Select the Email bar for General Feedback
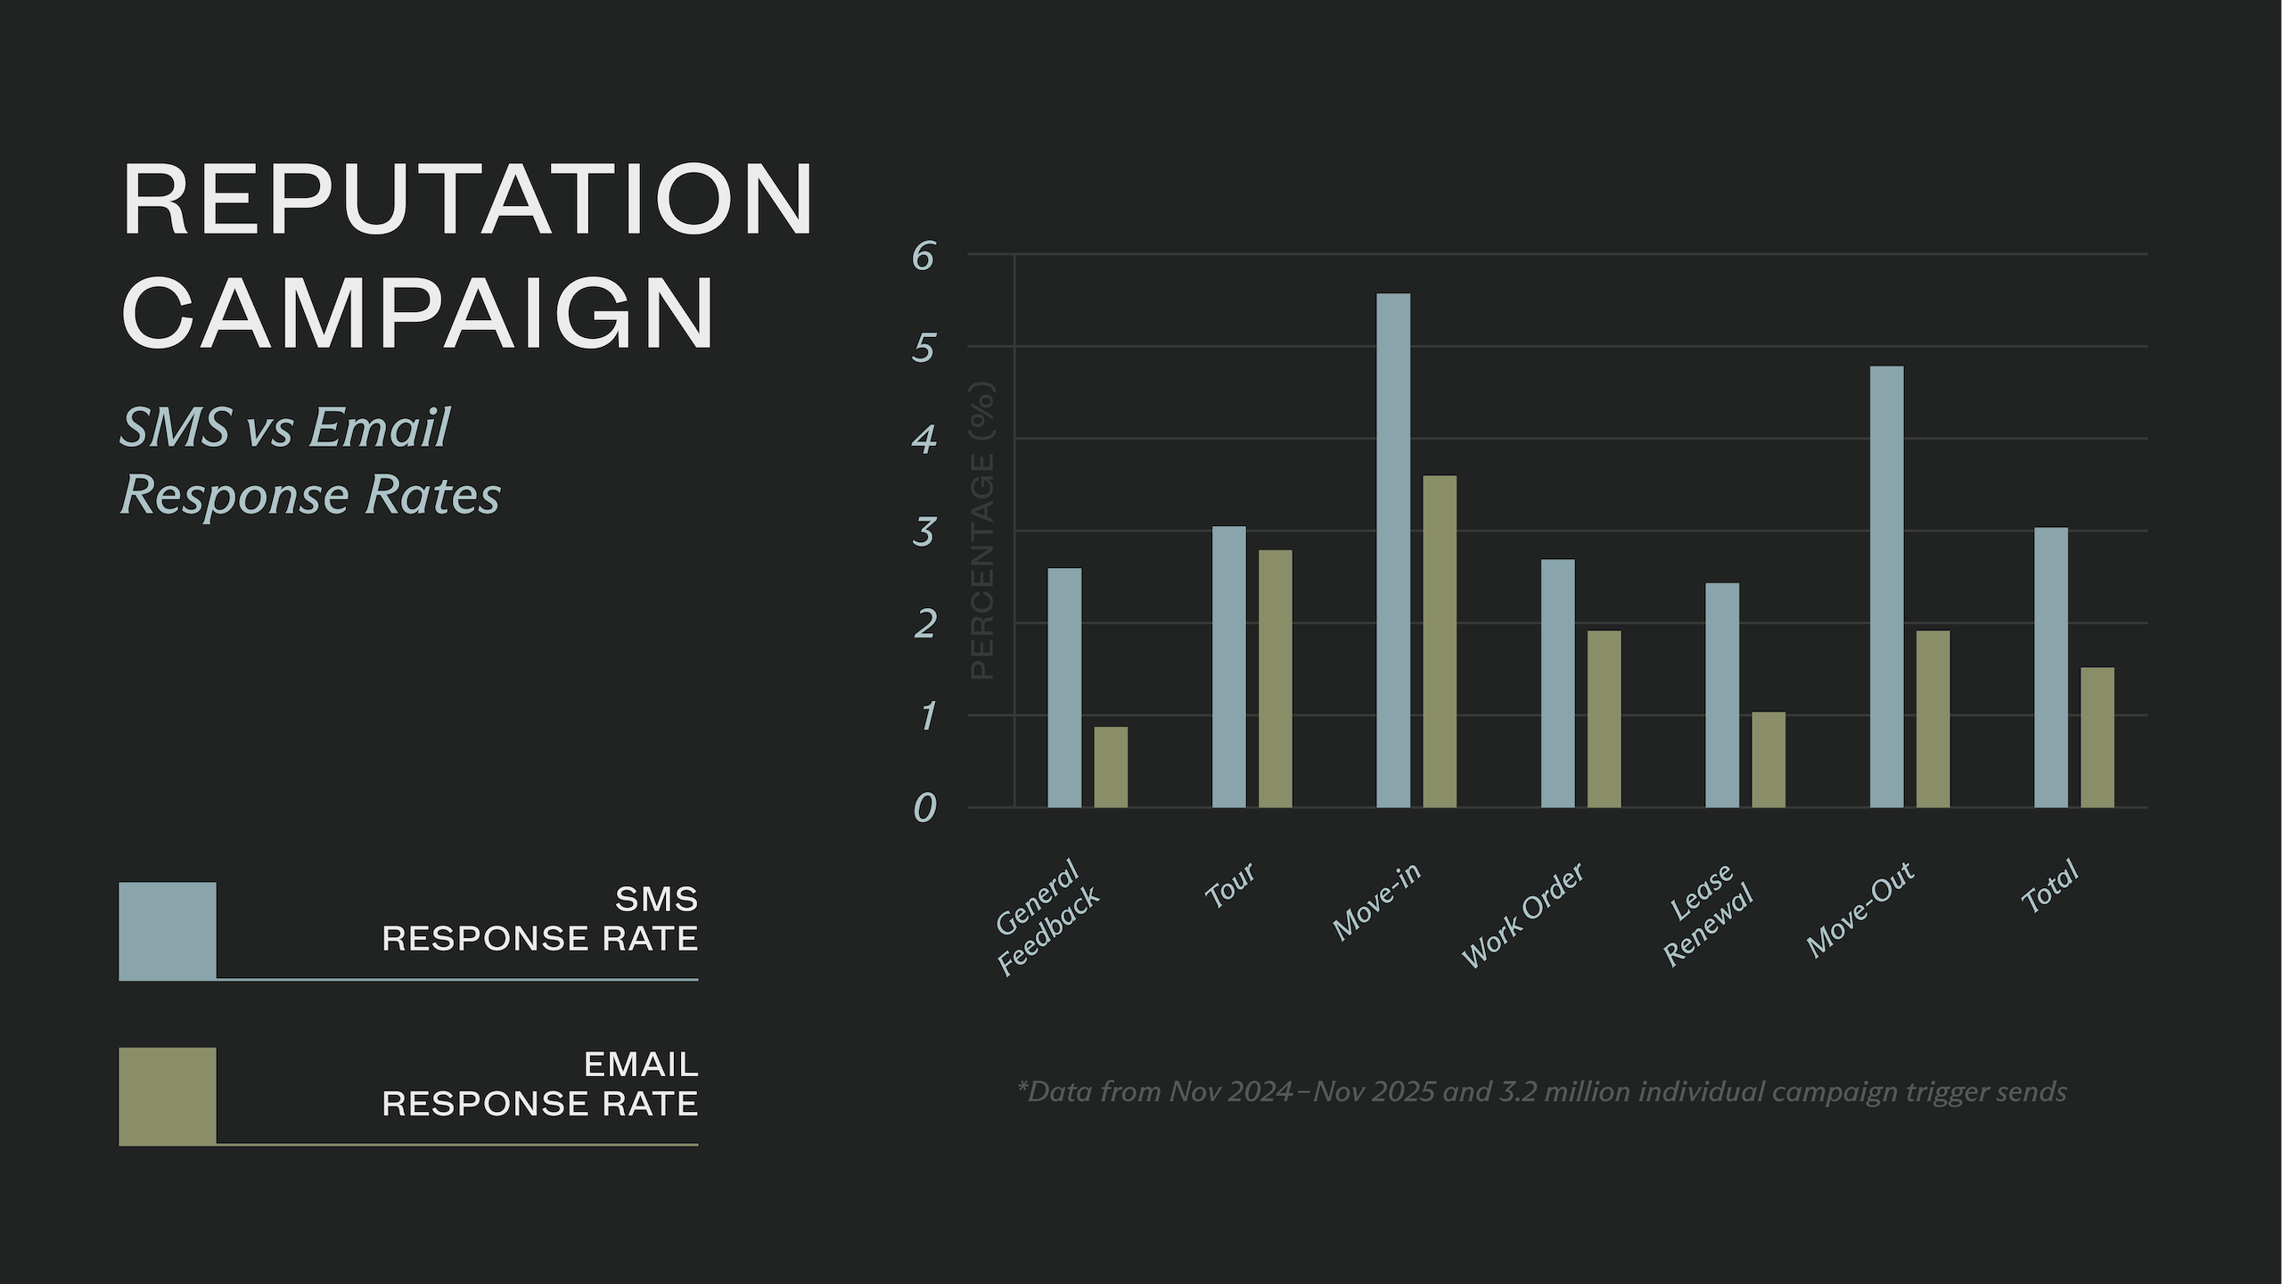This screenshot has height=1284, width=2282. (1111, 767)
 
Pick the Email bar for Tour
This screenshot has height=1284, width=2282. (1275, 679)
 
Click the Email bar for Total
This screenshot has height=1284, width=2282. (2097, 737)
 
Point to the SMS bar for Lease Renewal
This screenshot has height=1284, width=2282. (1722, 695)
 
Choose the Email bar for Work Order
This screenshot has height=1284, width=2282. (1604, 719)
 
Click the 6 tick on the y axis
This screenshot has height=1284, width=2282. (923, 257)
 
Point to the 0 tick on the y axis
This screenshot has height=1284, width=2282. (924, 808)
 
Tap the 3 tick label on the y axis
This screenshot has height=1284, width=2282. (923, 532)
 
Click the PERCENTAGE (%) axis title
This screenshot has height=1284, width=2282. (981, 531)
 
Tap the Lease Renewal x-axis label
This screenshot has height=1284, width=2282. (1707, 914)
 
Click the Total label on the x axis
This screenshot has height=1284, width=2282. (2050, 887)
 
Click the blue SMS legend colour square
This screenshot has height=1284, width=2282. (168, 931)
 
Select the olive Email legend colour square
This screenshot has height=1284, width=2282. (168, 1096)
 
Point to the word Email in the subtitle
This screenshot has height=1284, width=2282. (380, 427)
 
